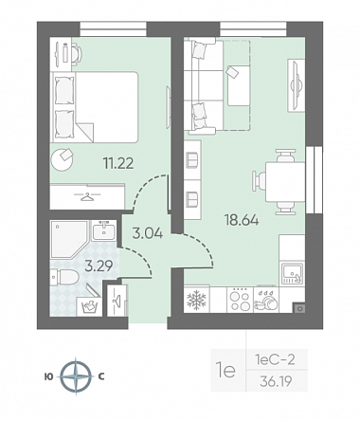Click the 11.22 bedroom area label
[x=118, y=163]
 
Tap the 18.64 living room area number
[x=242, y=220]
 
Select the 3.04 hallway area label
[x=148, y=233]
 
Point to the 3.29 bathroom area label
[x=99, y=266]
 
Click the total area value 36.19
[x=276, y=382]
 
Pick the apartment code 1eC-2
[x=276, y=359]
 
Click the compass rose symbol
[x=76, y=376]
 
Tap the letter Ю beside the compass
[x=49, y=376]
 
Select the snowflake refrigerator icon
[x=196, y=300]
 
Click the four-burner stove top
[x=241, y=300]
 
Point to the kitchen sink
[x=292, y=274]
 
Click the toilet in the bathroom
[x=64, y=277]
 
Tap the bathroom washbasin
[x=104, y=230]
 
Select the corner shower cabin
[x=68, y=240]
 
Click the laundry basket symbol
[x=90, y=306]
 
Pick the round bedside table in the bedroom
[x=63, y=159]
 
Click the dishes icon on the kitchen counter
[x=266, y=300]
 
